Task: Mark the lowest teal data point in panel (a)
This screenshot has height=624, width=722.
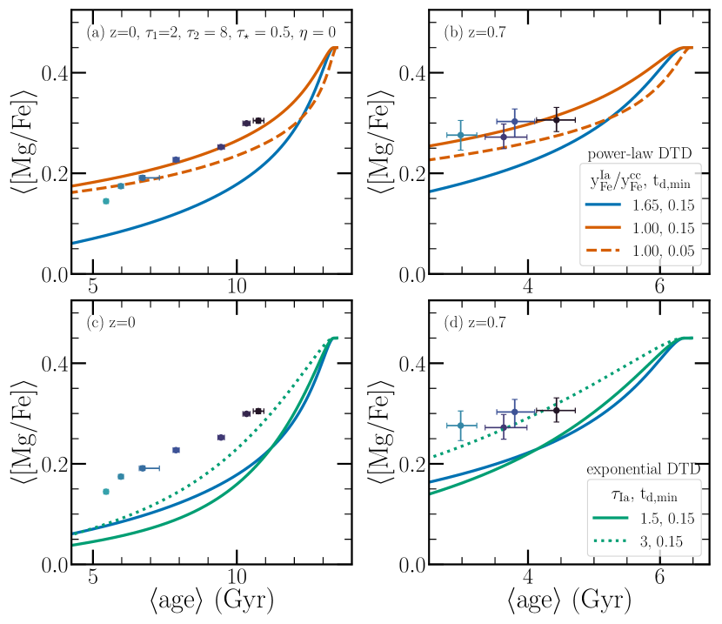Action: [x=106, y=201]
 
